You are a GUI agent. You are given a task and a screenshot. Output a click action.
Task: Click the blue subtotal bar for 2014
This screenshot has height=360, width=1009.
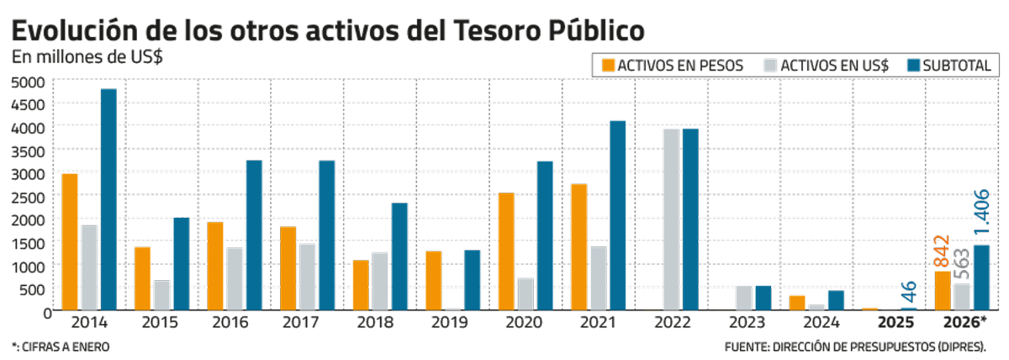(x=108, y=199)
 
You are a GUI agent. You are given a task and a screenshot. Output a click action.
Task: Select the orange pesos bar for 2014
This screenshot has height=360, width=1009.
(x=71, y=241)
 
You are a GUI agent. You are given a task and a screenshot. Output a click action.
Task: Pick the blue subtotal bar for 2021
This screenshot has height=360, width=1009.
(x=618, y=215)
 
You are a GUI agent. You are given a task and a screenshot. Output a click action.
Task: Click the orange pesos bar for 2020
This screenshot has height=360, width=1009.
(x=506, y=251)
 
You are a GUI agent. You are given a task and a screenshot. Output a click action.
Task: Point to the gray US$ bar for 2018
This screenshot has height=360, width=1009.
(x=380, y=281)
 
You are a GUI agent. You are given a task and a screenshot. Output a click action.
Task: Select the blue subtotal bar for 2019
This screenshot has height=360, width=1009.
(x=472, y=280)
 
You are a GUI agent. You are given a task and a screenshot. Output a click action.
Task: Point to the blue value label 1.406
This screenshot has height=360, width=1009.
(x=980, y=214)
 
